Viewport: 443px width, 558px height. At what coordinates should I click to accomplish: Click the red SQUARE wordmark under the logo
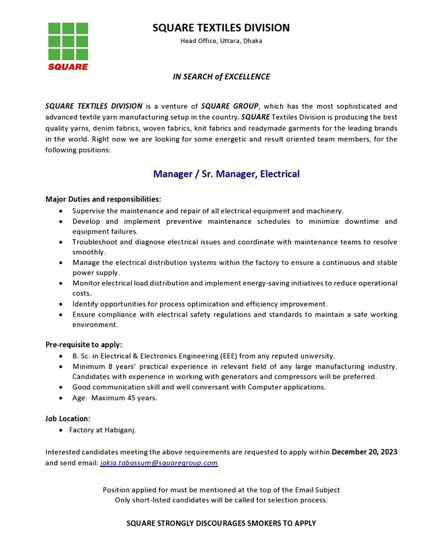[x=68, y=67]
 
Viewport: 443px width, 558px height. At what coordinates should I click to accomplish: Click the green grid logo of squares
[x=68, y=41]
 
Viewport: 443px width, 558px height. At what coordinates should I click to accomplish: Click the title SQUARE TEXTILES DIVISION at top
[x=221, y=28]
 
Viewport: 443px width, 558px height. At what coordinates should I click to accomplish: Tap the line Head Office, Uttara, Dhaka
[x=221, y=41]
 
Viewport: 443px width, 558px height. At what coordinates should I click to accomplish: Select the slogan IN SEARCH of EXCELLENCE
[x=221, y=77]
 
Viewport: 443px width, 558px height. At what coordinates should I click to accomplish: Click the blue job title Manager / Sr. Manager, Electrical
[x=226, y=174]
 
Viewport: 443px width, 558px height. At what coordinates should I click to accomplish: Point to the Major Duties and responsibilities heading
[x=103, y=199]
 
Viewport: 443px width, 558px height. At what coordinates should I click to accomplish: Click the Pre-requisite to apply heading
[x=84, y=344]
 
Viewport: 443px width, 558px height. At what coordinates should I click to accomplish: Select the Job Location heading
[x=68, y=419]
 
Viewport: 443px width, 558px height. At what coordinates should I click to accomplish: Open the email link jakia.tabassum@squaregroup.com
[x=158, y=463]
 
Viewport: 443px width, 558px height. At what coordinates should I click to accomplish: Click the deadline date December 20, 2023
[x=364, y=452]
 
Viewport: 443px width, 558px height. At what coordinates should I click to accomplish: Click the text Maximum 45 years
[x=124, y=398]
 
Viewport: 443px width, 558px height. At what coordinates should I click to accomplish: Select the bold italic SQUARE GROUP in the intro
[x=229, y=106]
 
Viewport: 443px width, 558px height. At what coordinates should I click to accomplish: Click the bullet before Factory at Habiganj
[x=61, y=431]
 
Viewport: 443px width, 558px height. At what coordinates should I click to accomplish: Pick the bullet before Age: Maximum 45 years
[x=61, y=399]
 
